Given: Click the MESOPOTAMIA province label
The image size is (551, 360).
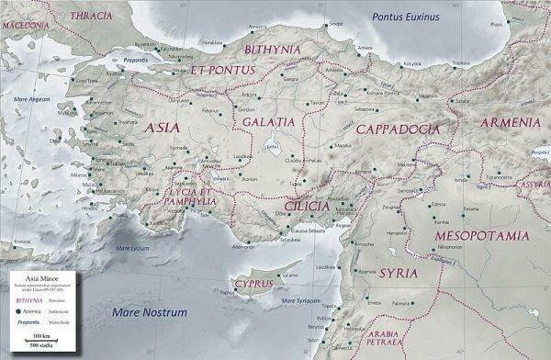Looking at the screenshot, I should coord(482,236).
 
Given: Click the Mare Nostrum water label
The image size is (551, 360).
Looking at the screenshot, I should coord(150,313).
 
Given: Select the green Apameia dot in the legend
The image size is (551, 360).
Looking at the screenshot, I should coord(18,299).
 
